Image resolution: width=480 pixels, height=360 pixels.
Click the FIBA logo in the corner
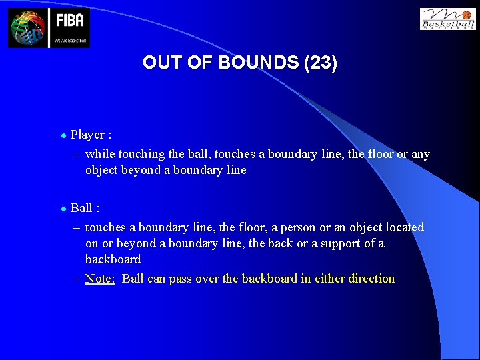tap(49, 28)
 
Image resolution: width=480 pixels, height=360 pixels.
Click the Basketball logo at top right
tap(447, 19)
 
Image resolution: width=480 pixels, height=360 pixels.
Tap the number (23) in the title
tap(320, 63)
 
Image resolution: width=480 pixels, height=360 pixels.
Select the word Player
tap(87, 135)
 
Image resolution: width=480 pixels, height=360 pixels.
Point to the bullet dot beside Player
tap(63, 135)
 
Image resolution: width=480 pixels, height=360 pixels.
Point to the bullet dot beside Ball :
tap(63, 209)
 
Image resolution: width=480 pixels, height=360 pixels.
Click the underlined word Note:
tap(100, 279)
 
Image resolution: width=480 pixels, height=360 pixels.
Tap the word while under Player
tap(100, 154)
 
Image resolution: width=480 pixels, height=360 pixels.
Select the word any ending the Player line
tap(420, 154)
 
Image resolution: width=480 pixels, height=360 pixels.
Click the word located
tap(403, 227)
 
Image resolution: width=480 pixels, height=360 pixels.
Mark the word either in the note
tap(326, 279)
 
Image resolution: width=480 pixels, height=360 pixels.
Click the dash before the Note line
tap(77, 279)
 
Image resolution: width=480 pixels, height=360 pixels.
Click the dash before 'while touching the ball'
tap(77, 154)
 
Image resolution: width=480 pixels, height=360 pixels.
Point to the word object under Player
tap(101, 170)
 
